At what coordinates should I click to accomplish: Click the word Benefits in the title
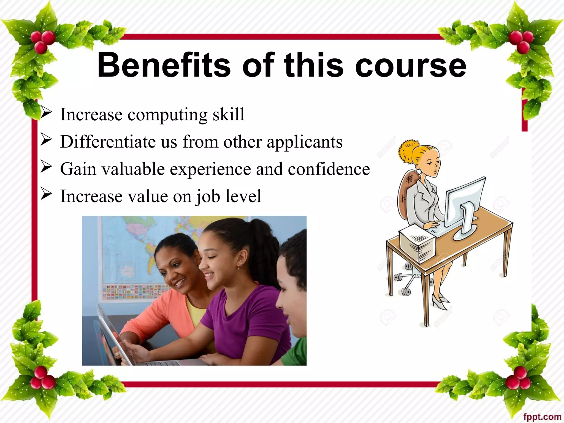click(x=164, y=65)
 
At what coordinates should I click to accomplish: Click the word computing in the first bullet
click(x=167, y=115)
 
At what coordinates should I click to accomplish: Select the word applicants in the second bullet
click(x=305, y=142)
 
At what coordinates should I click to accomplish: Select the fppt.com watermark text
click(x=542, y=417)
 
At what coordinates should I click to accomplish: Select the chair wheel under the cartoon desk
click(x=406, y=291)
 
